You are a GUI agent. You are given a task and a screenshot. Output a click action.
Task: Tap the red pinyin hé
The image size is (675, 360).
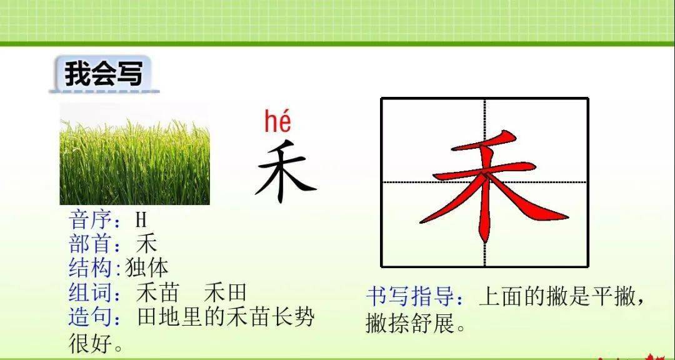[277, 121]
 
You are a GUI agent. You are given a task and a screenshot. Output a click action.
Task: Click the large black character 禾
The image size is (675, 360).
[285, 171]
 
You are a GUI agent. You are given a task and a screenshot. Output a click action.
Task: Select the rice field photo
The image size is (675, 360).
[135, 154]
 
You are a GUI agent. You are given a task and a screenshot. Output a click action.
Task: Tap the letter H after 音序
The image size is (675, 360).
[141, 220]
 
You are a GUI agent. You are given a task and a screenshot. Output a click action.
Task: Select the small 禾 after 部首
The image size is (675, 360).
[146, 244]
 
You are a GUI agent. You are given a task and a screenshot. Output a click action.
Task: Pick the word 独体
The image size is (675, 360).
[146, 268]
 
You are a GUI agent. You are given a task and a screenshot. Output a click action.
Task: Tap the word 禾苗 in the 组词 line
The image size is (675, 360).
[157, 292]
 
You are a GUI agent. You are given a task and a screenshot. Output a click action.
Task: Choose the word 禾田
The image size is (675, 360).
[225, 292]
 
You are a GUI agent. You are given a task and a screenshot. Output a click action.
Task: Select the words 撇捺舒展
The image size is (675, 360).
[409, 322]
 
